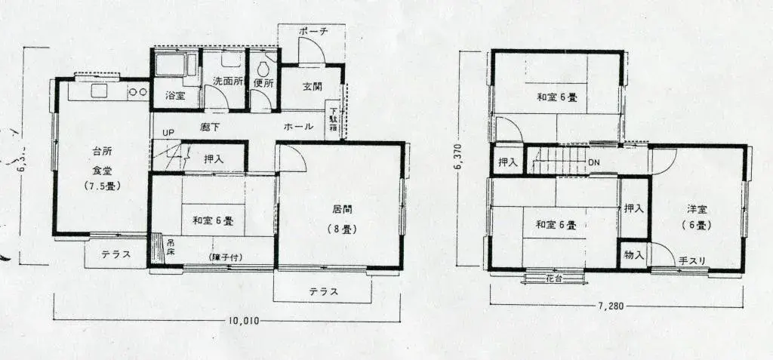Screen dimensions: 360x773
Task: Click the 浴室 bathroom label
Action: pyautogui.click(x=176, y=96)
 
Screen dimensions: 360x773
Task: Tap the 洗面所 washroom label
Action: pyautogui.click(x=227, y=82)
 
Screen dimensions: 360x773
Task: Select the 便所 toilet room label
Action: pyautogui.click(x=263, y=83)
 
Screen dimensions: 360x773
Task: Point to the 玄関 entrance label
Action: pyautogui.click(x=313, y=86)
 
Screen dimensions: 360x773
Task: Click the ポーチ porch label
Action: pyautogui.click(x=313, y=32)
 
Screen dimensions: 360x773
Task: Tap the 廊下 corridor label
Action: pyautogui.click(x=211, y=127)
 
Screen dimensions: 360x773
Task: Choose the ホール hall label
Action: pyautogui.click(x=299, y=127)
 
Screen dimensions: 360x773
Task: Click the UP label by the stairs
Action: pyautogui.click(x=168, y=133)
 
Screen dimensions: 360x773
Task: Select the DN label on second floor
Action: pyautogui.click(x=594, y=162)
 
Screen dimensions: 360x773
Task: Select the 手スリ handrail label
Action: pyautogui.click(x=691, y=261)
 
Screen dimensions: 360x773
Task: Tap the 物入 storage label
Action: pyautogui.click(x=634, y=255)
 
